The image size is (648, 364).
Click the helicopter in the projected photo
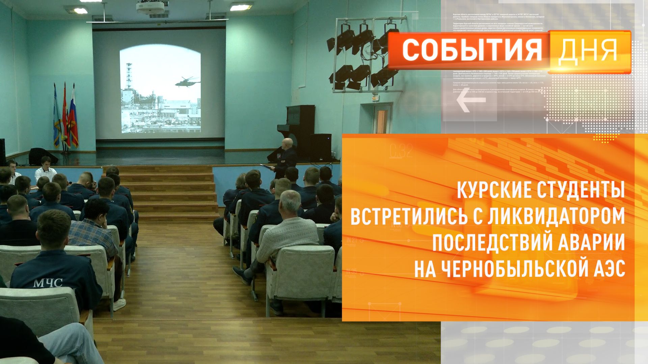click(187, 82)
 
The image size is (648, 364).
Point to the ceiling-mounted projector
click(150, 7)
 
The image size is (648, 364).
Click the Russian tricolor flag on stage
click(74, 118)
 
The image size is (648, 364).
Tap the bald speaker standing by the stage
click(287, 155)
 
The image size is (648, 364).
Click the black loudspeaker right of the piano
click(320, 147)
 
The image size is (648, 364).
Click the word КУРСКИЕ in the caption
click(493, 191)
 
